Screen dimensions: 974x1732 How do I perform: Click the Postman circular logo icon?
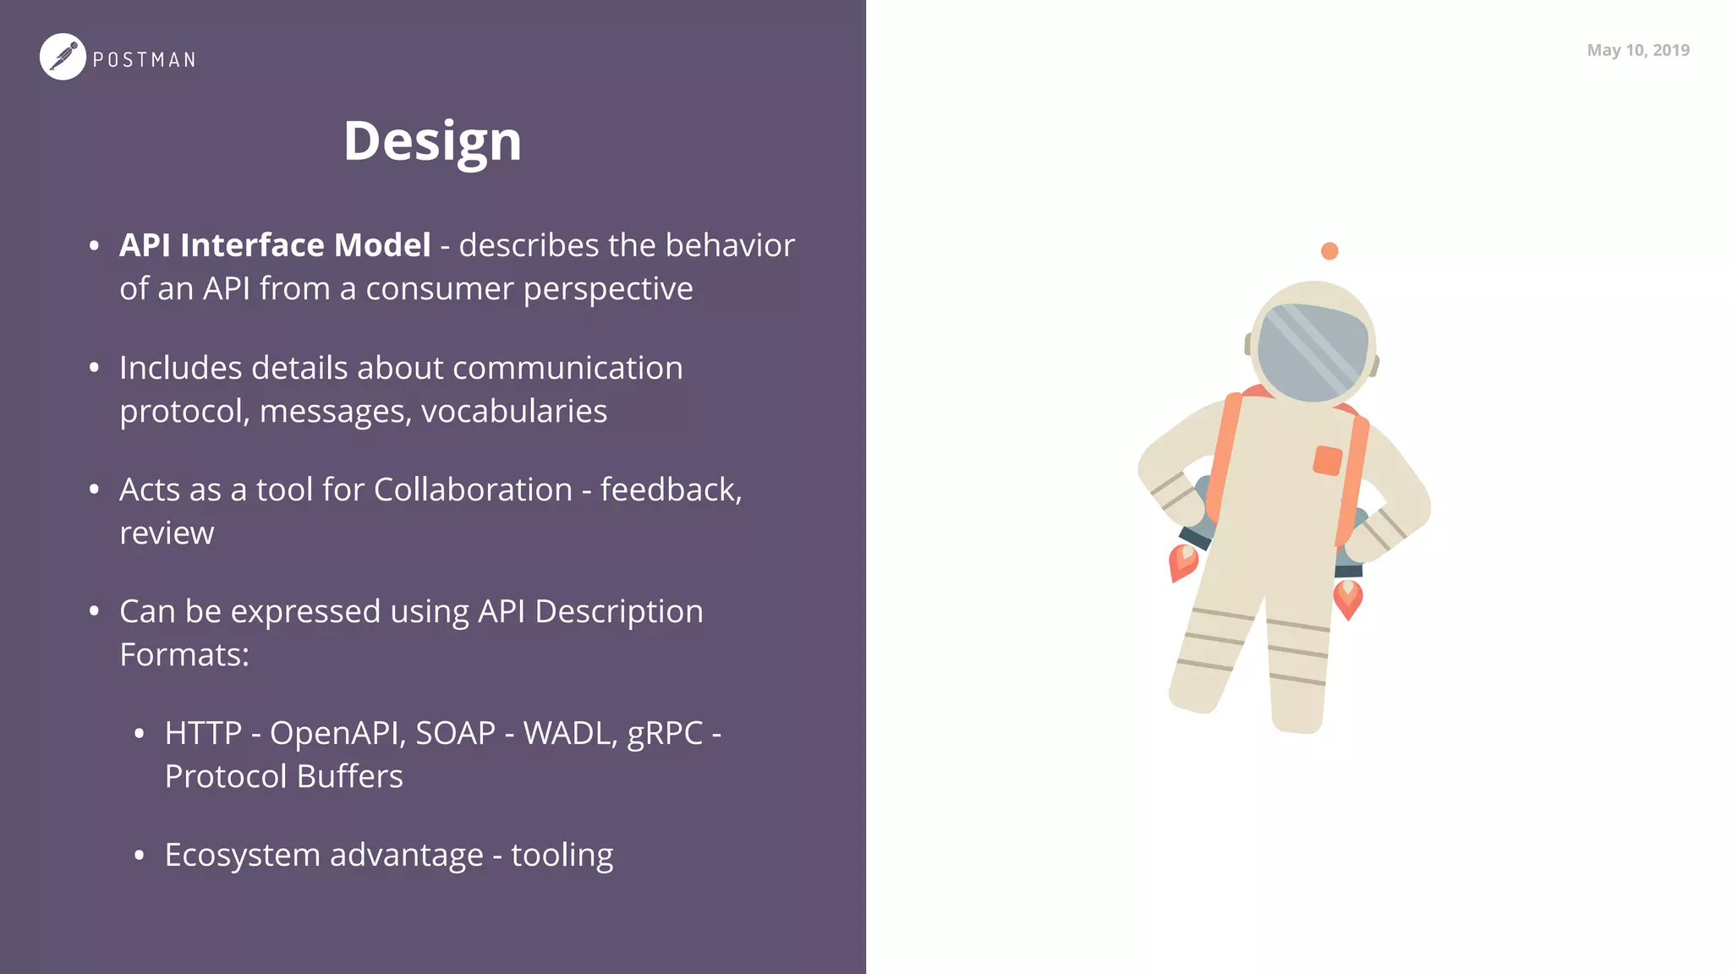coord(63,57)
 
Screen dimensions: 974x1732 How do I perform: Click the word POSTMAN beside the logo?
coord(144,60)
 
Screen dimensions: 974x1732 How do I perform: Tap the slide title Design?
coord(432,140)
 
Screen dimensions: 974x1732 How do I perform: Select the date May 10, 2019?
coord(1637,50)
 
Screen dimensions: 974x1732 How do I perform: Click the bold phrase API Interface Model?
coord(275,245)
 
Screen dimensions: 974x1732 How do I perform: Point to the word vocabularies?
coord(514,412)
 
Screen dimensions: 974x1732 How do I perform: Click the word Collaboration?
coord(473,490)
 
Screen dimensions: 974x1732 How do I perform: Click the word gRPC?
coord(665,734)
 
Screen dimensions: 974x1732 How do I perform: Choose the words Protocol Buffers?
coord(283,776)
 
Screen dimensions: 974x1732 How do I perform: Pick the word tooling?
coord(562,856)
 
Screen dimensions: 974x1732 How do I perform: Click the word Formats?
coord(184,655)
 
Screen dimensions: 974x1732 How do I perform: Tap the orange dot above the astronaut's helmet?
coord(1329,251)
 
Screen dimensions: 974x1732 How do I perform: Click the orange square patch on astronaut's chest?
coord(1328,461)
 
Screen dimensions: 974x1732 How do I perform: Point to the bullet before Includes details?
coord(95,368)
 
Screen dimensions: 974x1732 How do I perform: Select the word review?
coord(167,534)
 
